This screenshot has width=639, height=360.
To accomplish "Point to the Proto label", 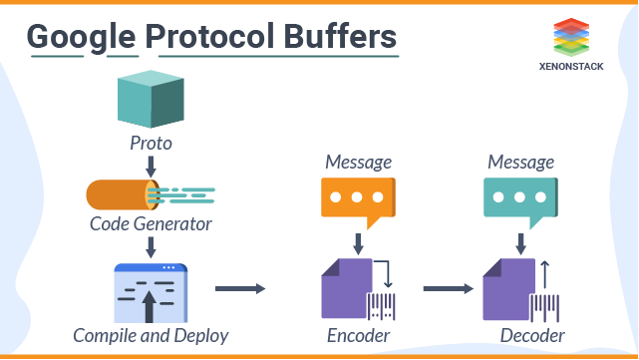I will coord(151,144).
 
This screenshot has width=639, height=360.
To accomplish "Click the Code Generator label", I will coord(151,224).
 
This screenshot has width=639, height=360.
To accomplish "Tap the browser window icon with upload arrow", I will coord(151,293).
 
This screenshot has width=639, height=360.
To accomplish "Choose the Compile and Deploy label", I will coord(151,335).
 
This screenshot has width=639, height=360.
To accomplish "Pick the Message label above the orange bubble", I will coord(359,162).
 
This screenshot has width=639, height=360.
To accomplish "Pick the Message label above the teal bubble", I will coord(519,162).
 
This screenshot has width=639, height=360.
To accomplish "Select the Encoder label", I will coord(359,335).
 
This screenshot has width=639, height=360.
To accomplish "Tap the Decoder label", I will coord(532,335).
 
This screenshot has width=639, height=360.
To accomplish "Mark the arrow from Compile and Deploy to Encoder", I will coord(240,289).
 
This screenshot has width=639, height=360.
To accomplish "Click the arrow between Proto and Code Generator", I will coord(151,164).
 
